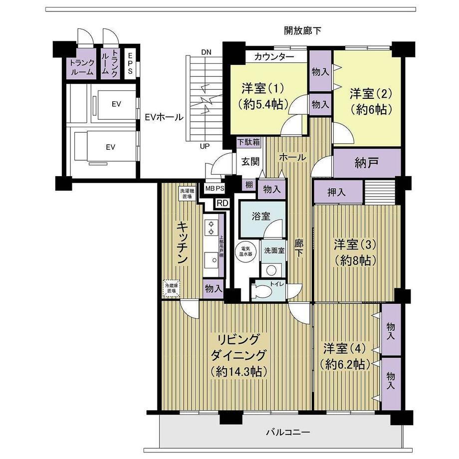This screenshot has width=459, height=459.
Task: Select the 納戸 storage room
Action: coord(367,163)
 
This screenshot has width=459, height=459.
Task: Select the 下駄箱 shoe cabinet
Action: coord(248,142)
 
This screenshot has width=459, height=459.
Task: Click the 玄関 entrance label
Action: coord(250,161)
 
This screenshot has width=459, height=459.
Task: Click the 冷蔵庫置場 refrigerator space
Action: coord(171,288)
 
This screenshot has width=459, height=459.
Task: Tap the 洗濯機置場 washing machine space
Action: coord(186,193)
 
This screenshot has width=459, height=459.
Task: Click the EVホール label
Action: coord(164,118)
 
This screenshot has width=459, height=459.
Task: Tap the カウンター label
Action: coord(274,56)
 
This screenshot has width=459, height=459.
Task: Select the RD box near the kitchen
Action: coord(222,203)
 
